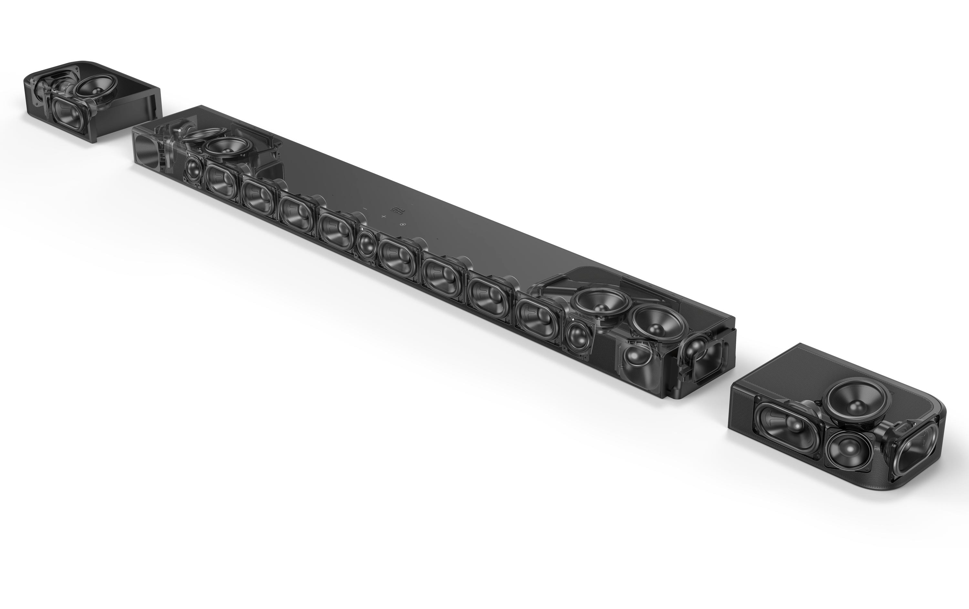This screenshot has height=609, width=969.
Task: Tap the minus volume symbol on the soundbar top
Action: [365, 209]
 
